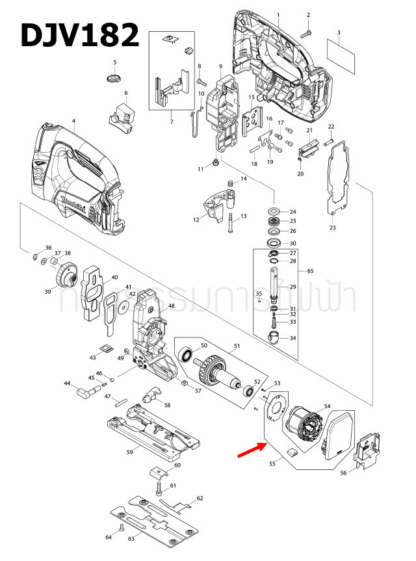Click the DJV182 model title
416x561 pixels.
coord(79,35)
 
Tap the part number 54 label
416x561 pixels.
coord(328,406)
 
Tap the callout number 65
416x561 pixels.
coord(310,270)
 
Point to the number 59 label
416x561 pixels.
coord(129,451)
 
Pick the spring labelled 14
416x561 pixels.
coord(230,186)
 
